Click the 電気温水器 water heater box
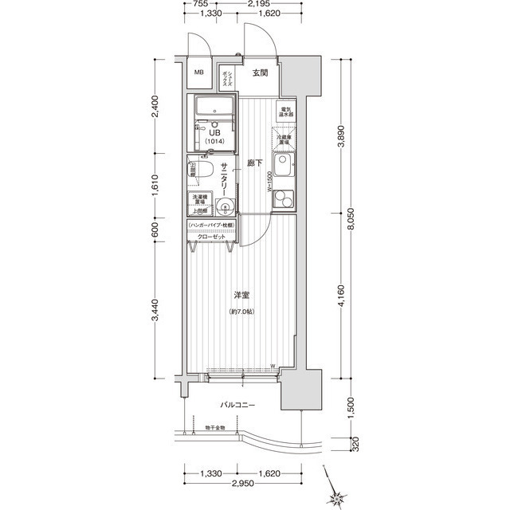click(286, 112)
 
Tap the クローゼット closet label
click(211, 237)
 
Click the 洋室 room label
click(242, 296)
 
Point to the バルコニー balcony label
click(238, 405)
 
